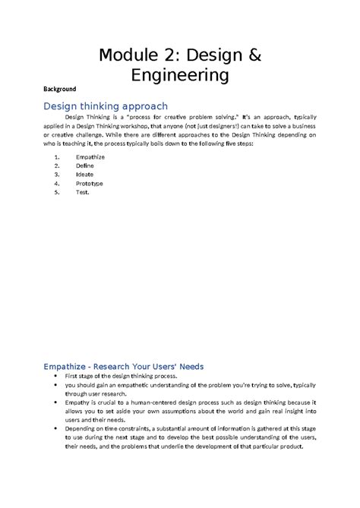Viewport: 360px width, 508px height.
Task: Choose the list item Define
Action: [x=85, y=165]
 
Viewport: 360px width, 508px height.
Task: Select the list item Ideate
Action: [x=85, y=174]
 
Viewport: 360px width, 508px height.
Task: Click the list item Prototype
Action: [x=89, y=183]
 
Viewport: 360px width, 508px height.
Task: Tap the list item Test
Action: [x=83, y=192]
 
